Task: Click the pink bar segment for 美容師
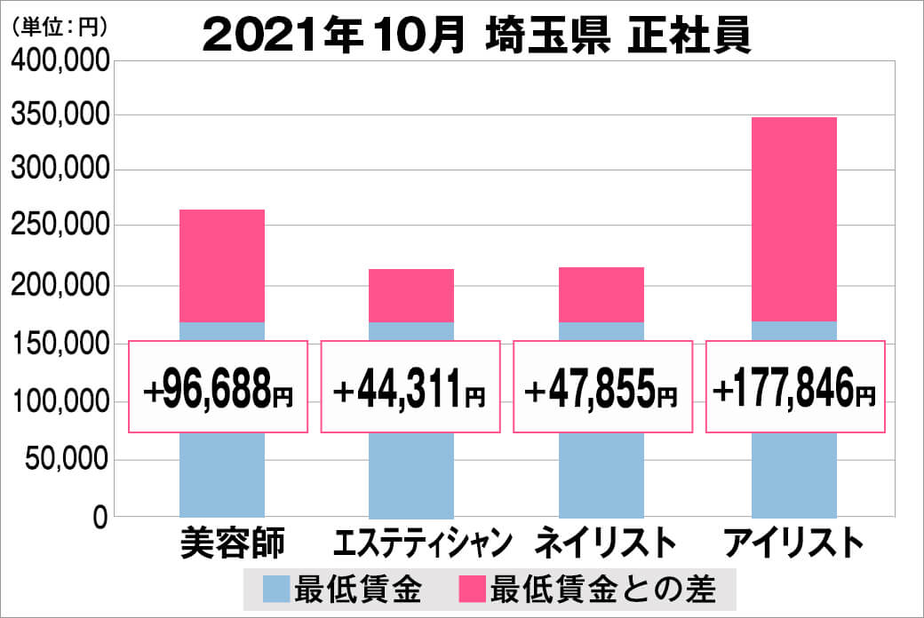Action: (x=222, y=265)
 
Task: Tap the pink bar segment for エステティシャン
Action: (x=411, y=295)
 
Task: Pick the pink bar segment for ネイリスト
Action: (x=601, y=294)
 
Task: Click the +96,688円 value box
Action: (x=219, y=387)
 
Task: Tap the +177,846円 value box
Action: (x=796, y=387)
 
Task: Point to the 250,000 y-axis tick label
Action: (x=60, y=228)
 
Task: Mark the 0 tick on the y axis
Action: (x=100, y=518)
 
